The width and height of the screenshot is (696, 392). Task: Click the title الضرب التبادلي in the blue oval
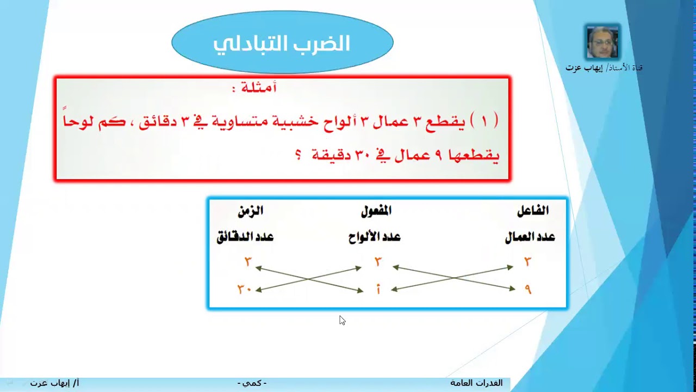[x=281, y=44]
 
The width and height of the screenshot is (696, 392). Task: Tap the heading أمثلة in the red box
[x=254, y=87]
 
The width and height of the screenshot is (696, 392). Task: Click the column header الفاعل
[x=532, y=211]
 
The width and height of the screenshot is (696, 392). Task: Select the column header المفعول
[x=376, y=211]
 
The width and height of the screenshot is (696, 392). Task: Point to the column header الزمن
[x=250, y=211]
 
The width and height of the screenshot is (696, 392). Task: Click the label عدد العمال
[x=530, y=237]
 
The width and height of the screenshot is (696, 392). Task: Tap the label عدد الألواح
[x=374, y=237]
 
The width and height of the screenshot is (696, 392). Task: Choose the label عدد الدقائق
[x=245, y=237]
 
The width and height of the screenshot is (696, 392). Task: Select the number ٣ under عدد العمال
[x=527, y=262]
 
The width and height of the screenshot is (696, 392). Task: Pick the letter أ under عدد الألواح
[x=378, y=290]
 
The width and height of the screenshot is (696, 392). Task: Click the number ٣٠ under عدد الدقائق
[x=244, y=290]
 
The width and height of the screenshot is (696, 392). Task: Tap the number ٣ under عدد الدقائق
[x=248, y=262]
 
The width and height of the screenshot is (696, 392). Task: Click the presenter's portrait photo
[x=602, y=42]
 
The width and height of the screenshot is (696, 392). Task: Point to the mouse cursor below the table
[x=342, y=320]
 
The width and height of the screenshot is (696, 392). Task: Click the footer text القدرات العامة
[x=476, y=383]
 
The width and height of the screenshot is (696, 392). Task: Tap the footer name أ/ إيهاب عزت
[x=54, y=383]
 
